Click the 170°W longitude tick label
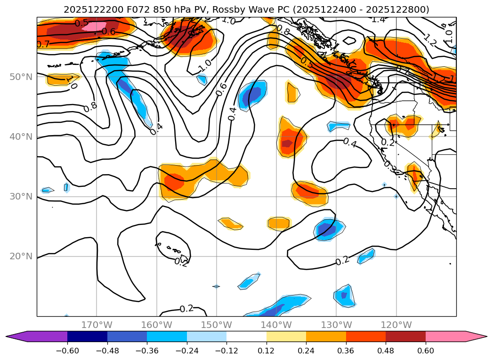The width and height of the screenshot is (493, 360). [97, 325]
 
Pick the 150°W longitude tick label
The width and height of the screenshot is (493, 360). [216, 325]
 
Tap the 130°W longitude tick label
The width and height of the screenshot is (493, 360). [336, 325]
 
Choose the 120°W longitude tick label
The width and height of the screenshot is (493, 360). [396, 325]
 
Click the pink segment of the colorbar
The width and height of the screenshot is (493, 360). [445, 336]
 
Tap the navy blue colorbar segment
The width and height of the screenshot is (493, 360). [87, 336]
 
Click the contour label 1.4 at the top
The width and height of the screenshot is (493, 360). [378, 19]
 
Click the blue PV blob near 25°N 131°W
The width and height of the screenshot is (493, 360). [328, 228]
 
